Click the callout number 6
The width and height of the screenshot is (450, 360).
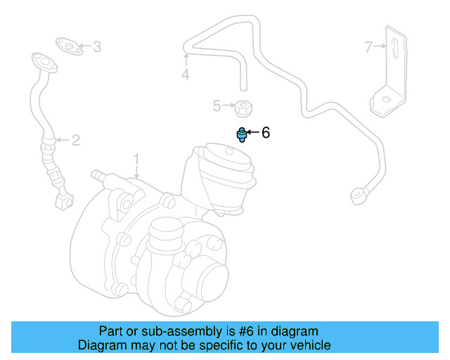point(265,132)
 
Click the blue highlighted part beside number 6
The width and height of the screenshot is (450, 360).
point(242,134)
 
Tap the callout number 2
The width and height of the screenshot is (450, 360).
point(75,140)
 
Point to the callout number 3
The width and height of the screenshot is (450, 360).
point(97,47)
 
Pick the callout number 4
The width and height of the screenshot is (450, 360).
point(185,74)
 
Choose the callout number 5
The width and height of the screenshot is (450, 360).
point(217,106)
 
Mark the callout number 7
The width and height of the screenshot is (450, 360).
point(368,47)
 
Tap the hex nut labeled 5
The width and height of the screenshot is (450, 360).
point(243,108)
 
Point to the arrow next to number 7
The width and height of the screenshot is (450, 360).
point(380,47)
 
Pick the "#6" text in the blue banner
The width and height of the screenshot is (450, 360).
point(236,330)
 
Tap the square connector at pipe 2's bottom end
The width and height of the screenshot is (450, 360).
point(64,200)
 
